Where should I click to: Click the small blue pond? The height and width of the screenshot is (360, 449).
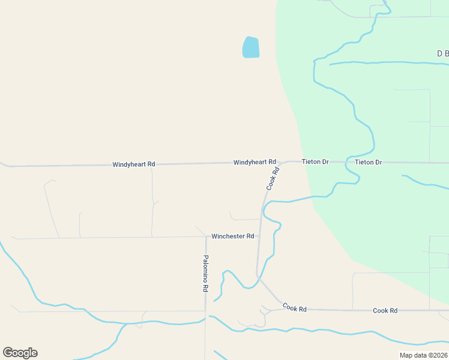click(251, 47)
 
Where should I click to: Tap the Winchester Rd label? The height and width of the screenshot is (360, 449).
click(232, 236)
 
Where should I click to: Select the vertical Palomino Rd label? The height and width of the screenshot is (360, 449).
click(205, 274)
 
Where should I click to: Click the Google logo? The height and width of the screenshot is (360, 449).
click(20, 353)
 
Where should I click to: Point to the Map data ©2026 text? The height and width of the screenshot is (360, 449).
click(423, 355)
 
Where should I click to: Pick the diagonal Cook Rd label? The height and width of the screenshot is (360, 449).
click(274, 179)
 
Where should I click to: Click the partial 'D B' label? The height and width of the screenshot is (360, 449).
click(442, 54)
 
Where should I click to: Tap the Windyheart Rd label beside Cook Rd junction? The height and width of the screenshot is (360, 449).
click(255, 163)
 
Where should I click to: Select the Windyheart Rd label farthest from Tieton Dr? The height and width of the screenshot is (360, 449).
click(133, 164)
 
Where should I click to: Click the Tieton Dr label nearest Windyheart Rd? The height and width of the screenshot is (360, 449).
click(315, 162)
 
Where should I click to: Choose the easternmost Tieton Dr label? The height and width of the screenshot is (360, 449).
click(368, 162)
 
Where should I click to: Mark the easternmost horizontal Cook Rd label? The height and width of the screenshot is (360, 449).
click(385, 310)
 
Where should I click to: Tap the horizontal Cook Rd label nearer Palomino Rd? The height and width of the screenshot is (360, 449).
click(294, 308)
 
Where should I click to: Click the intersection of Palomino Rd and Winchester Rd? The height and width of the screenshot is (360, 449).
click(206, 236)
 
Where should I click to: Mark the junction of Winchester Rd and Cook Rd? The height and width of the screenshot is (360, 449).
click(259, 236)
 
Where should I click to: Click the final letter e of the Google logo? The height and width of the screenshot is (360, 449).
click(34, 353)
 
